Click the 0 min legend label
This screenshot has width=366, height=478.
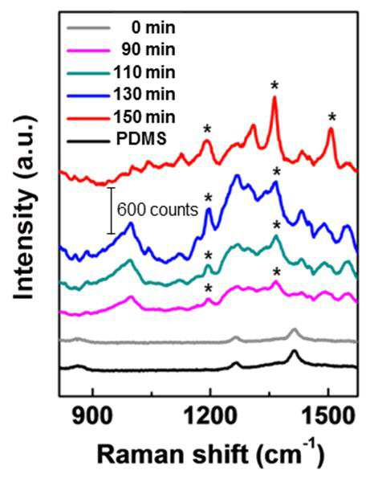pyautogui.click(x=153, y=28)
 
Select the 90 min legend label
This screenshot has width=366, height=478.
pyautogui.click(x=148, y=50)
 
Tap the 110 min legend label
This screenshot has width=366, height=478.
pyautogui.click(x=144, y=72)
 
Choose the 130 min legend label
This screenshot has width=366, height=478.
pyautogui.click(x=144, y=94)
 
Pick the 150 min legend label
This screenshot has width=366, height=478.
pyautogui.click(x=144, y=116)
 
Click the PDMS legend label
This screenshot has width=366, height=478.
pyautogui.click(x=141, y=139)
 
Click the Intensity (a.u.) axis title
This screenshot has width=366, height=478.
pyautogui.click(x=24, y=207)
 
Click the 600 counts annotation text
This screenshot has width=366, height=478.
pyautogui.click(x=158, y=210)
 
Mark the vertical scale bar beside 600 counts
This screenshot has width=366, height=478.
pyautogui.click(x=111, y=210)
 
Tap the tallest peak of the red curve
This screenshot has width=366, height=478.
pyautogui.click(x=274, y=97)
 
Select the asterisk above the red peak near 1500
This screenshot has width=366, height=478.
pyautogui.click(x=332, y=117)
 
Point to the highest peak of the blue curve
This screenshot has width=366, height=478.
pyautogui.click(x=238, y=175)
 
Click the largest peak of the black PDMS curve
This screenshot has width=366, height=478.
pyautogui.click(x=294, y=351)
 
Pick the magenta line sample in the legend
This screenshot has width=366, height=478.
pyautogui.click(x=88, y=51)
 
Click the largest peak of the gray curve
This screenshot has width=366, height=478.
pyautogui.click(x=294, y=329)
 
